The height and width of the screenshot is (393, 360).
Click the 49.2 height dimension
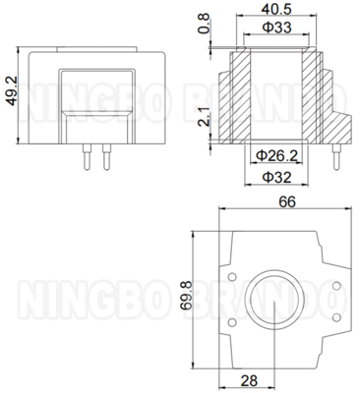[x=12, y=91]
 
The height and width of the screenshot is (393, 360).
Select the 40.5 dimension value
[x=276, y=9]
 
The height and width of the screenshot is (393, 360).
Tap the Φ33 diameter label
[x=276, y=28]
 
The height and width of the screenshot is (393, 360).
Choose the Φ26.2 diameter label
[x=277, y=156]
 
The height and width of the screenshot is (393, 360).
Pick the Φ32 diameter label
[x=276, y=178]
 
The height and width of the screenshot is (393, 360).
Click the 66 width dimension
[x=287, y=201]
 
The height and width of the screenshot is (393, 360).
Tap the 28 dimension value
[x=249, y=381]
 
